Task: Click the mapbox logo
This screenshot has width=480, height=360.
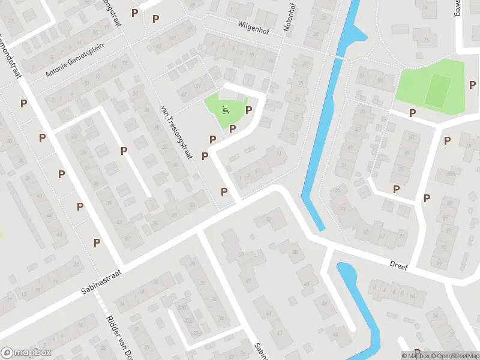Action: [26, 353]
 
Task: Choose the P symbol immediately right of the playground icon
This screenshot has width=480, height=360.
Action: [248, 110]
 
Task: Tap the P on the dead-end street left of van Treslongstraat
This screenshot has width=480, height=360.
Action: [124, 151]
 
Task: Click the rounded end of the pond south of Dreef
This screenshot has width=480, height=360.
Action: [344, 268]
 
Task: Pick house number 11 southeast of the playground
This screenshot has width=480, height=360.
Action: [278, 154]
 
